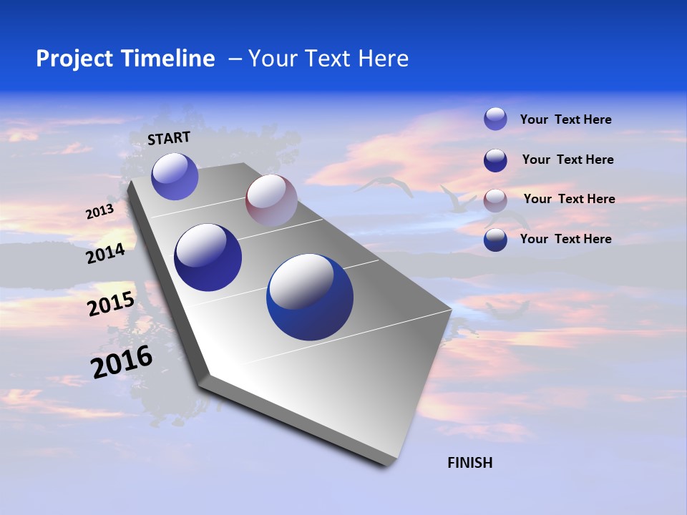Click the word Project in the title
[x=73, y=59]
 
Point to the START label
[x=169, y=138]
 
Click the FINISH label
[x=470, y=463]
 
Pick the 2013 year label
[x=99, y=212]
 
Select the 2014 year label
[x=105, y=253]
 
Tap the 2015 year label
[x=111, y=304]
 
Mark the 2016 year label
[x=122, y=362]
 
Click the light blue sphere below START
[x=175, y=176]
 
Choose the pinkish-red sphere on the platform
[x=271, y=200]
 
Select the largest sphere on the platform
[x=310, y=297]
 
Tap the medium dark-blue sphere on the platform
[x=208, y=257]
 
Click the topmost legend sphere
[x=495, y=119]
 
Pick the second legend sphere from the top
[x=495, y=160]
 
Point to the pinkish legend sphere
[x=495, y=200]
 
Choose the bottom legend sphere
[x=495, y=240]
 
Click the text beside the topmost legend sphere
[x=565, y=119]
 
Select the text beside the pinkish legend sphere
[x=569, y=199]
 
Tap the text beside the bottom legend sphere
[x=565, y=239]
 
